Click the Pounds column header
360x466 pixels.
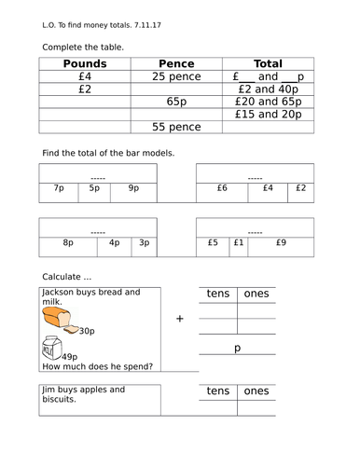(85, 64)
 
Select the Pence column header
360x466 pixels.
(177, 64)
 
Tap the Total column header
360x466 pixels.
(268, 64)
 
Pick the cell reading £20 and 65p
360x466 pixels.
(268, 102)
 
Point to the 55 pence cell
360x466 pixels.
(177, 127)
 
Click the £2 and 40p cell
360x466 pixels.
(268, 89)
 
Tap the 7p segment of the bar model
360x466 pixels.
(59, 188)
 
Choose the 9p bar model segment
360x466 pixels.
(133, 188)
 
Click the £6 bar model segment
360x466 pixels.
(222, 188)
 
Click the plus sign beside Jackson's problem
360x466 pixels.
(179, 318)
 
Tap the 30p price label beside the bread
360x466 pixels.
(87, 331)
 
